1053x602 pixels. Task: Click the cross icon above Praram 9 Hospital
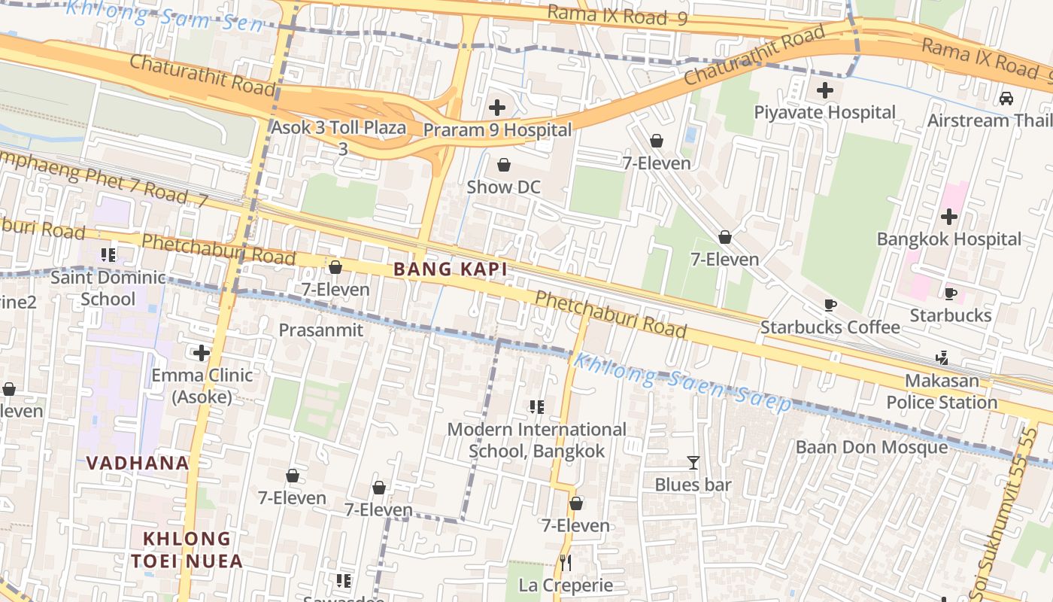(497, 108)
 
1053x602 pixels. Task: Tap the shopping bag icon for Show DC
(503, 164)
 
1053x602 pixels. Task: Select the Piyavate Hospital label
(825, 113)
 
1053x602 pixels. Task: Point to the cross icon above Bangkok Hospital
(949, 217)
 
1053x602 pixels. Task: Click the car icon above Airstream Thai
(1006, 99)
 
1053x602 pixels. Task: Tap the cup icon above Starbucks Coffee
(830, 305)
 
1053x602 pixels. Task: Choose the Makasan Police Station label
(942, 391)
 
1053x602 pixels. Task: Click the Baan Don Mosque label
(872, 448)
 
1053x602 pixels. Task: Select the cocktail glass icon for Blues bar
(693, 463)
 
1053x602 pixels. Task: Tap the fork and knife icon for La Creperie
(566, 562)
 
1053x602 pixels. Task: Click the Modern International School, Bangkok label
(537, 440)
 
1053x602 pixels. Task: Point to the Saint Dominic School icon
(108, 255)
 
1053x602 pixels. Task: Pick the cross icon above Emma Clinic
(202, 352)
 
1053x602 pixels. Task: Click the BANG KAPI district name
(450, 269)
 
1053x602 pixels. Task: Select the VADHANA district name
(138, 463)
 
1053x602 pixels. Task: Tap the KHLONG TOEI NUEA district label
(187, 550)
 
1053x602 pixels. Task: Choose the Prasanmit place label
(321, 330)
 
